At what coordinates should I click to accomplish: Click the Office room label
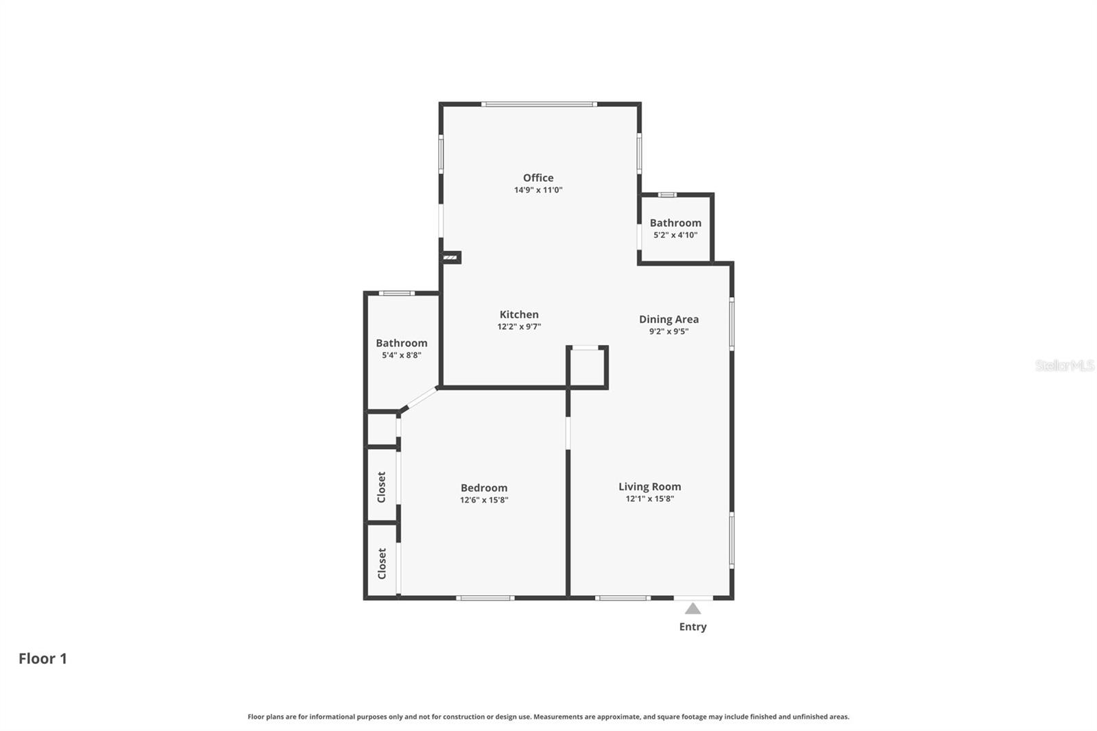click(538, 178)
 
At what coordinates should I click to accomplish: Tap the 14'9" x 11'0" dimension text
click(538, 190)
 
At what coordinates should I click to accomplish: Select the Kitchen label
click(519, 315)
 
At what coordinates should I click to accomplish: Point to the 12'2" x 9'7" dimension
click(519, 327)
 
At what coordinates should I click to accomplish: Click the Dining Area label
click(668, 319)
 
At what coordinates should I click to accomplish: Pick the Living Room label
click(649, 487)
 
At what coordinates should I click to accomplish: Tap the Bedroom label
click(484, 488)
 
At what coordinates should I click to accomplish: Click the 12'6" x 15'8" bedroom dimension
click(484, 501)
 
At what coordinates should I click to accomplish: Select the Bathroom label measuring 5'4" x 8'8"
click(401, 343)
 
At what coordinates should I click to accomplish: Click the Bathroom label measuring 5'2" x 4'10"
click(675, 223)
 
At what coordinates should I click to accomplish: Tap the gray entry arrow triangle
click(692, 608)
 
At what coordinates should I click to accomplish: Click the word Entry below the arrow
click(692, 627)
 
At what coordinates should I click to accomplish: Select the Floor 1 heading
click(43, 658)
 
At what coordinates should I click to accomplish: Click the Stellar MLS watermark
click(1064, 365)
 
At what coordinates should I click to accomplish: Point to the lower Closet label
click(382, 563)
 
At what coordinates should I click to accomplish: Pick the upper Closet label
click(382, 487)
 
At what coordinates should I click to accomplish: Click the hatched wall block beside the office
click(450, 257)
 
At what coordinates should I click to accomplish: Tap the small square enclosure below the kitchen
click(587, 368)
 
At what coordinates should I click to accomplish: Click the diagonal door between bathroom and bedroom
click(419, 398)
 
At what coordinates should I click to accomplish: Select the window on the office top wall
click(539, 104)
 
